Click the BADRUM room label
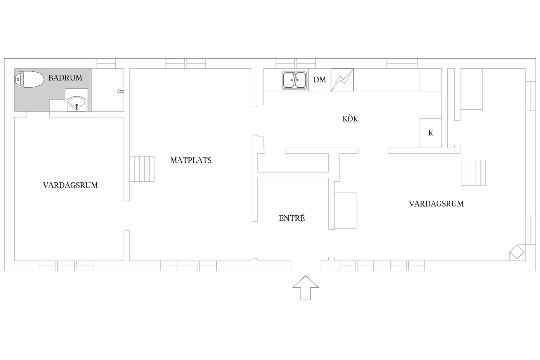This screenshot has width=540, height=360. pos(65,78)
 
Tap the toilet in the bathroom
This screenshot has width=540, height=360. pos(29,79)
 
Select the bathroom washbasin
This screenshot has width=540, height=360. pos(77,104)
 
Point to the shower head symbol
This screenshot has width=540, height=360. pos(120,91)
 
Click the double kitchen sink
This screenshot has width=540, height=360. pos(295,80)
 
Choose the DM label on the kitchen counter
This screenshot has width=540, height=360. pos(320,80)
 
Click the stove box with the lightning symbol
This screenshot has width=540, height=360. pos(342,80)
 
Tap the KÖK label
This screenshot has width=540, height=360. pos(350,118)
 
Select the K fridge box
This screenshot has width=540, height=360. pos(430,133)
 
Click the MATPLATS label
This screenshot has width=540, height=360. pos(191,160)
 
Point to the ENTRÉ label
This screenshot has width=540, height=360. pos(292,218)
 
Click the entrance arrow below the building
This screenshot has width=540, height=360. pos(305,288)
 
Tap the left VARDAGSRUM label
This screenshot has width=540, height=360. pos(70,185)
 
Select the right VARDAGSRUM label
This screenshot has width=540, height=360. pos(436,204)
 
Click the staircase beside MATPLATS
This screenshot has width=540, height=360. pos(142,169)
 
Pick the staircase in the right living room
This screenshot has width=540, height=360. pos(473,173)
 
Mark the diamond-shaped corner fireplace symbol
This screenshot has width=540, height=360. pos(517,252)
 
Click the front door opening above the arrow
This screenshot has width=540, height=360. pos(305,266)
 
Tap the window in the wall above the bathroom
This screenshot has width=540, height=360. pos(106,63)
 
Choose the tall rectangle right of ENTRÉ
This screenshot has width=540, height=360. pos(346,210)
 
